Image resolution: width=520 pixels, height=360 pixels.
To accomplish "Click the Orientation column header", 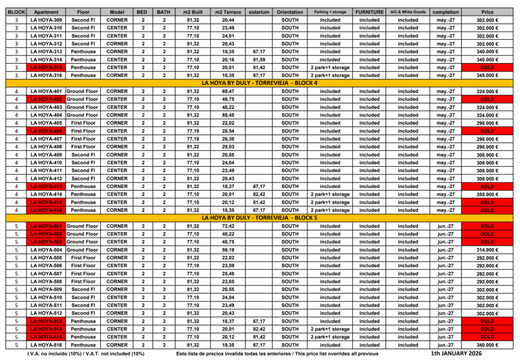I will coord(290,11).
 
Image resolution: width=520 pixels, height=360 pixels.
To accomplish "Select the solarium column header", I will coord(258,11).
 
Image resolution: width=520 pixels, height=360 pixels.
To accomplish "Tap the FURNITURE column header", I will coord(369,11).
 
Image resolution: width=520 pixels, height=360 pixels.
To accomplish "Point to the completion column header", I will coord(445,11).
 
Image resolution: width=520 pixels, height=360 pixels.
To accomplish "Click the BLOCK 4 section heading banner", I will coord(259,83).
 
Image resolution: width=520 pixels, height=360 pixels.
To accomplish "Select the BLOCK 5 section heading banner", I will coord(259,218).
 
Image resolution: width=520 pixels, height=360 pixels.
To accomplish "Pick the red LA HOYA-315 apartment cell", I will coord(46,68).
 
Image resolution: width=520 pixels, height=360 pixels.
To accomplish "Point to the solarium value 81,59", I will coord(259,60).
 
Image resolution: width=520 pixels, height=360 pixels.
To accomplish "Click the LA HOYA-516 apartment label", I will coord(46,345).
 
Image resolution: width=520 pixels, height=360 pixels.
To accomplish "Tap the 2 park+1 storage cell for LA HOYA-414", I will coord(330,194).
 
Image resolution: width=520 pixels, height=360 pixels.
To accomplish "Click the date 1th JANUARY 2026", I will coord(457,353).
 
